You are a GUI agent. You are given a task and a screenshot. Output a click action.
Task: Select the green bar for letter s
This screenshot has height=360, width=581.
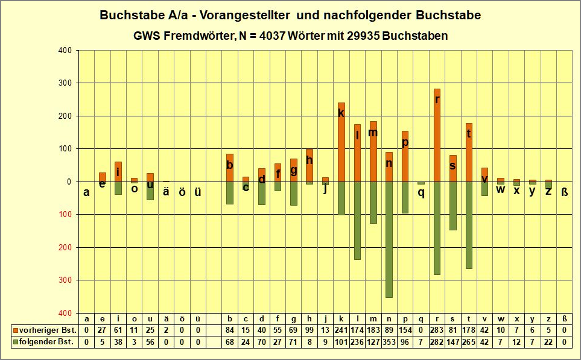click(x=453, y=206)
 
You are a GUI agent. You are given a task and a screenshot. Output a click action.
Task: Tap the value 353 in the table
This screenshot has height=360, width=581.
click(x=389, y=342)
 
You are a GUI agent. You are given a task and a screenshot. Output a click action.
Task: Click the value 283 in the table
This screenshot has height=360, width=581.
click(x=437, y=330)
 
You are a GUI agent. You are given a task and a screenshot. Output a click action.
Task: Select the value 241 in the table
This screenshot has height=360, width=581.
click(x=341, y=330)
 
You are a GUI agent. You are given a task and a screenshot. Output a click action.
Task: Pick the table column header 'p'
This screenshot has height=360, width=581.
click(x=405, y=319)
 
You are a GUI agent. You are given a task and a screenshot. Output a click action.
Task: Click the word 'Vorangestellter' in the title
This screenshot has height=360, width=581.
click(x=242, y=15)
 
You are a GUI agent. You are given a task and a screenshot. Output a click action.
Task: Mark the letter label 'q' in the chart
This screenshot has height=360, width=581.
click(x=421, y=193)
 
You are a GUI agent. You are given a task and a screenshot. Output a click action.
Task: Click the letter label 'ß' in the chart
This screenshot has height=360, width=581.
click(x=564, y=192)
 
